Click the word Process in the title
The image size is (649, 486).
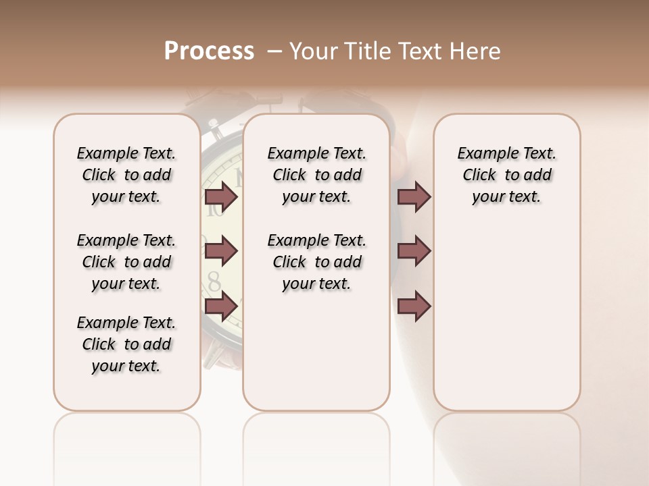(x=209, y=51)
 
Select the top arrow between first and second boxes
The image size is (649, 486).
(x=221, y=197)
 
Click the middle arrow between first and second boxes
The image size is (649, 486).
(x=221, y=251)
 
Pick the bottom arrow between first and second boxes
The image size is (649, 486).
(x=221, y=306)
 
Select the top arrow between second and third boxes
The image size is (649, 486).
(x=414, y=197)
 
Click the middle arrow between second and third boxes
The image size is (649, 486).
(x=414, y=251)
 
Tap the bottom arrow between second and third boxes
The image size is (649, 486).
(x=414, y=306)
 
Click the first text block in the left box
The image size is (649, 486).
(x=126, y=175)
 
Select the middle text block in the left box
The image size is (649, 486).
(x=126, y=262)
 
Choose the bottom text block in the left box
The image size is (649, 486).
(x=126, y=344)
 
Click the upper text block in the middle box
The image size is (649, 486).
(x=316, y=175)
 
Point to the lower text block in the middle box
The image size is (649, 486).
(x=316, y=262)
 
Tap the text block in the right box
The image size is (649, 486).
(x=506, y=175)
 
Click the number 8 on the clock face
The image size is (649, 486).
(x=214, y=279)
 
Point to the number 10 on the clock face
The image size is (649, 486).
(x=215, y=209)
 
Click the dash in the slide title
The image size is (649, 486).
(x=274, y=51)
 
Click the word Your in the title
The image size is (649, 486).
(x=313, y=51)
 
